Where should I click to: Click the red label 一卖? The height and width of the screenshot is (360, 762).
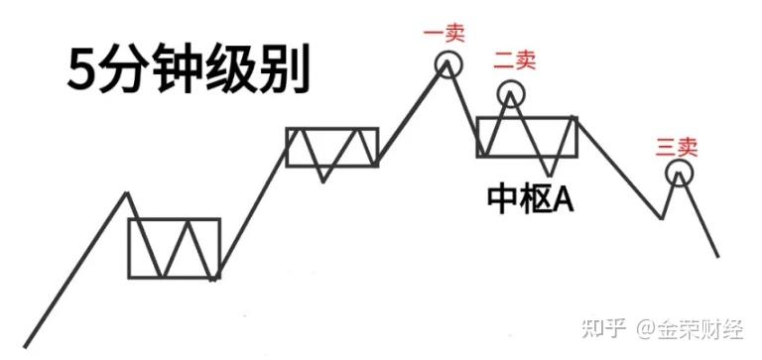click(x=444, y=34)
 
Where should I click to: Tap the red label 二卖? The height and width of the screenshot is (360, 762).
click(x=514, y=60)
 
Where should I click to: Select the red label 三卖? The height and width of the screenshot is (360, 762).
click(x=677, y=147)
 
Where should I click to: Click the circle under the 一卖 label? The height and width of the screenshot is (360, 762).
click(x=448, y=54)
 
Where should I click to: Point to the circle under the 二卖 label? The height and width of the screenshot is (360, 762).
click(x=511, y=81)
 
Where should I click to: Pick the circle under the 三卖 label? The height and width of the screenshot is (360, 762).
click(x=680, y=161)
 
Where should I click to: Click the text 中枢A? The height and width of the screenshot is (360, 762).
click(x=531, y=199)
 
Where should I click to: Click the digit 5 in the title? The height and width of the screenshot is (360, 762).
click(x=81, y=69)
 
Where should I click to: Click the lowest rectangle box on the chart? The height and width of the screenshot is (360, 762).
click(x=128, y=248)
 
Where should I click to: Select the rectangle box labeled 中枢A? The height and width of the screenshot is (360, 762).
click(x=477, y=137)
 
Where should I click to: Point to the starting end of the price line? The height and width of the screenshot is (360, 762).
click(x=25, y=347)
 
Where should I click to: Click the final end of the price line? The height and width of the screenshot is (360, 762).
click(x=717, y=256)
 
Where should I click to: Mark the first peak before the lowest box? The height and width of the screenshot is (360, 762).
click(x=127, y=193)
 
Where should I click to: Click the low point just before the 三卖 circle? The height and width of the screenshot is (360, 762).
click(x=662, y=218)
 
